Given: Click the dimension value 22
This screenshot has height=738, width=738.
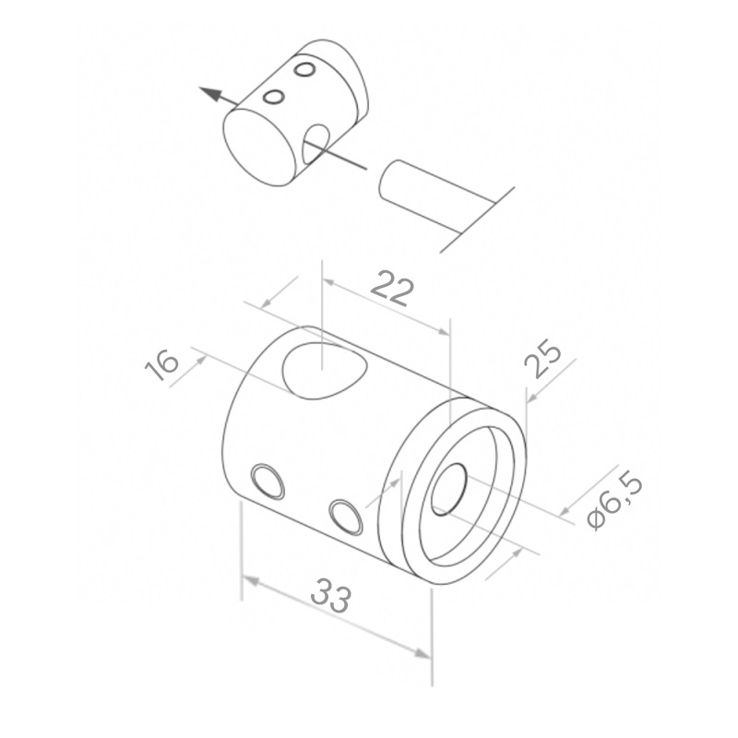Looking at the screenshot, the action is [392, 289].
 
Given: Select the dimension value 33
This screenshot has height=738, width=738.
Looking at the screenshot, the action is [331, 595].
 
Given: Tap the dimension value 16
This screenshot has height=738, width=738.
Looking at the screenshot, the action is [161, 364].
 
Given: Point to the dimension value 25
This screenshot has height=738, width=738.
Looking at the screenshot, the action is [542, 359].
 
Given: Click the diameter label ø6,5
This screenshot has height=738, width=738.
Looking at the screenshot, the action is [615, 502].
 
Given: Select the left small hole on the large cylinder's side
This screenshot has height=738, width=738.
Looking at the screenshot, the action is [268, 481].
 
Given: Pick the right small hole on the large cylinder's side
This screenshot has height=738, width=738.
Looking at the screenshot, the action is [346, 517].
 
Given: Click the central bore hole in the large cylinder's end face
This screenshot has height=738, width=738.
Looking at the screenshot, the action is [448, 489].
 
